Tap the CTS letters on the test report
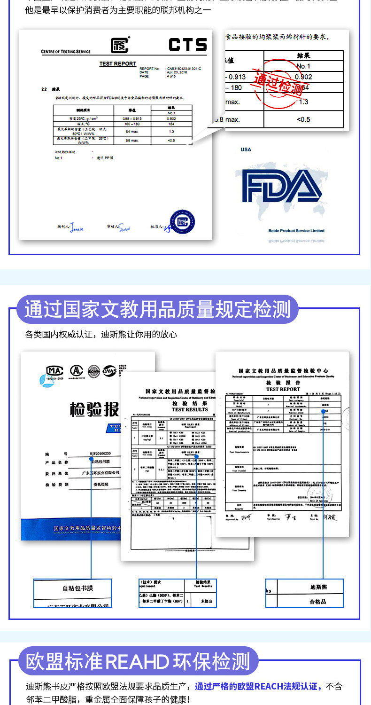[x=187, y=45]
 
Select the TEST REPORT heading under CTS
[x=117, y=64]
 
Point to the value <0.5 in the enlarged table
[x=303, y=119]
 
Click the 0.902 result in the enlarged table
[x=303, y=77]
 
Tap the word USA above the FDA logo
[x=246, y=149]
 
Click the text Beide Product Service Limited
[x=296, y=231]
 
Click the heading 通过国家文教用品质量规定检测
[x=157, y=310]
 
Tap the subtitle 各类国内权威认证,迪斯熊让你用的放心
[x=101, y=335]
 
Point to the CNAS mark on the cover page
[x=110, y=371]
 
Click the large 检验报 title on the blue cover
[x=94, y=410]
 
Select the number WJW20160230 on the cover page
[x=100, y=454]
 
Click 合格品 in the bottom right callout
[x=318, y=602]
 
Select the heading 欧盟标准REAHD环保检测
[x=138, y=661]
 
